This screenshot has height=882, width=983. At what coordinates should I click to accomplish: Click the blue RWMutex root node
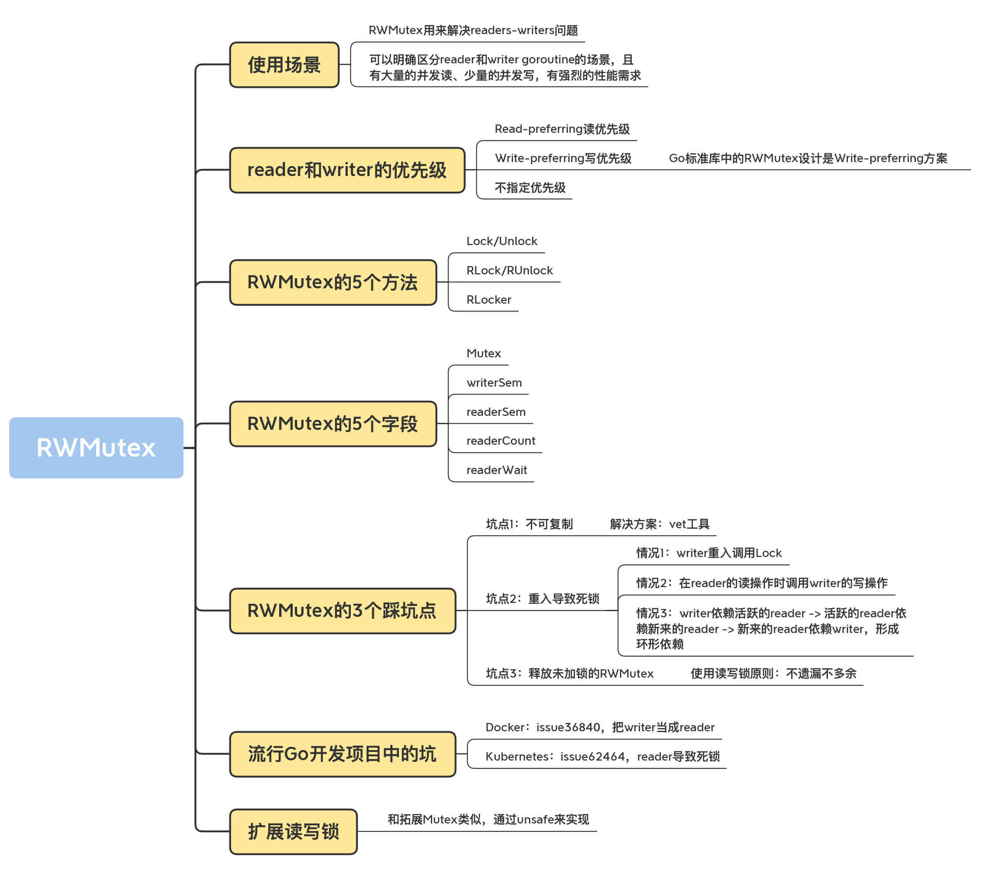(x=97, y=448)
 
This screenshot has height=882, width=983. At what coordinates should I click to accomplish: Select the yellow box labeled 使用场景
(x=284, y=65)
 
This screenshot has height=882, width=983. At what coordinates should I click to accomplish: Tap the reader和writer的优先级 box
(x=347, y=170)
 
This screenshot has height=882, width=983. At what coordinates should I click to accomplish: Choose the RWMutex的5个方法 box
(x=333, y=283)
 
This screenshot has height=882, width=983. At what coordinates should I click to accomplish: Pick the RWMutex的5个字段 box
(x=333, y=424)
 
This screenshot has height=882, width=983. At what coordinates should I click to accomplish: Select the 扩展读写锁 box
(x=294, y=832)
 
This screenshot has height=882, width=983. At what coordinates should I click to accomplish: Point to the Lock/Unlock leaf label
(x=502, y=241)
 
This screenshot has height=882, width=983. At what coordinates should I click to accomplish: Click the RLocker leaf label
(x=489, y=300)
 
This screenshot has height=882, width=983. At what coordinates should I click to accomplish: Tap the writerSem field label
(x=495, y=383)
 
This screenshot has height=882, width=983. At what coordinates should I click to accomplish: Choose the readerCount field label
(x=501, y=441)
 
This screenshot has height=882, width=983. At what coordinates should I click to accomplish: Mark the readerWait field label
(x=497, y=470)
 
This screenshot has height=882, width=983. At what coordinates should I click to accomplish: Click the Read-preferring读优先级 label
(x=562, y=129)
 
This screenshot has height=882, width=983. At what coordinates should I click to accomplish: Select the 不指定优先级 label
(x=530, y=187)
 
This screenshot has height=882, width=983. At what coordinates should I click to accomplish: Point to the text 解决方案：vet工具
(x=660, y=524)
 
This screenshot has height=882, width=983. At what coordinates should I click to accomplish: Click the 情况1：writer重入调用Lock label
(x=709, y=553)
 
